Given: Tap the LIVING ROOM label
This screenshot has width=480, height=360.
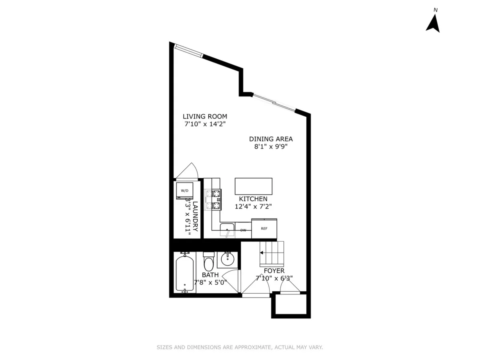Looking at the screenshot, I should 205,116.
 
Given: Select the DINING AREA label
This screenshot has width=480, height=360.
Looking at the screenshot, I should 271,139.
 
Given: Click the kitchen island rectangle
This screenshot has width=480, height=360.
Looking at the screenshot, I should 253,186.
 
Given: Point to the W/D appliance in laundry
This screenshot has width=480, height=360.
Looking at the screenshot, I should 184,191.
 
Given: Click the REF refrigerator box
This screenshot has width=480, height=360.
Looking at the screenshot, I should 264,229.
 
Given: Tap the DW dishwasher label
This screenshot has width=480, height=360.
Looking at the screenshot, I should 243,230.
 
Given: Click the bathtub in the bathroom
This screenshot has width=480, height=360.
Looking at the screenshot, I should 185,274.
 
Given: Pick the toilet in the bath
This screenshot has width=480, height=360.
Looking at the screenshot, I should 209,262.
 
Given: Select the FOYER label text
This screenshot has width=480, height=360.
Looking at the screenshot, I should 274,271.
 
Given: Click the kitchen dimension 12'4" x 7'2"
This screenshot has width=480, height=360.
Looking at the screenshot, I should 253,206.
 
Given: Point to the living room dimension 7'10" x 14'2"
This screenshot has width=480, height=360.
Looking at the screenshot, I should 205,124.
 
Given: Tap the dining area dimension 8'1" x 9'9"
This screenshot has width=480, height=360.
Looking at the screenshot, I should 271,146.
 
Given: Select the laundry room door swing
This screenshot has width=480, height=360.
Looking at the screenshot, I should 187,171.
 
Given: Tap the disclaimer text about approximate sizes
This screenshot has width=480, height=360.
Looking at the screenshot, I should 240,347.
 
